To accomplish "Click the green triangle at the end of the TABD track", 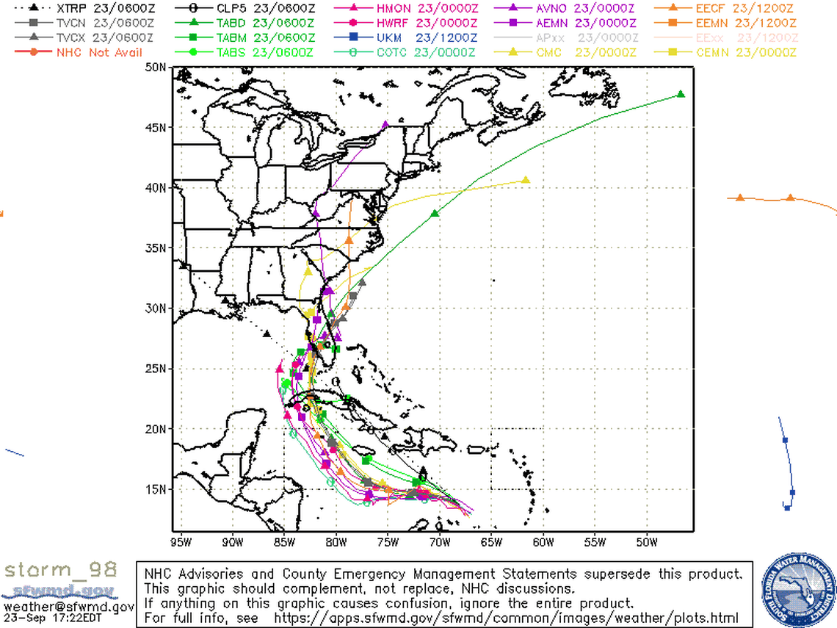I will [x=681, y=94].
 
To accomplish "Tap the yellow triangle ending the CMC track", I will [x=526, y=180].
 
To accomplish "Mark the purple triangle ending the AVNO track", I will [x=385, y=125].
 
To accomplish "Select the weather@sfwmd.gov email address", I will [x=68, y=607].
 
